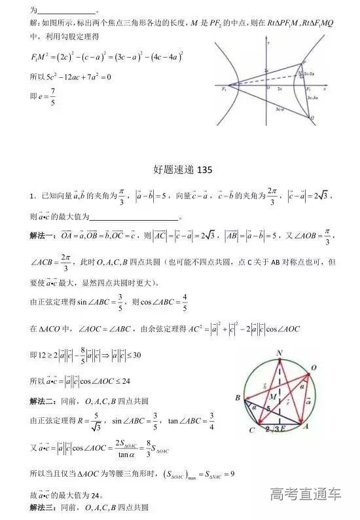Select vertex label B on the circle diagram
click(238, 398)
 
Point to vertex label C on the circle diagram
click(252, 431)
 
